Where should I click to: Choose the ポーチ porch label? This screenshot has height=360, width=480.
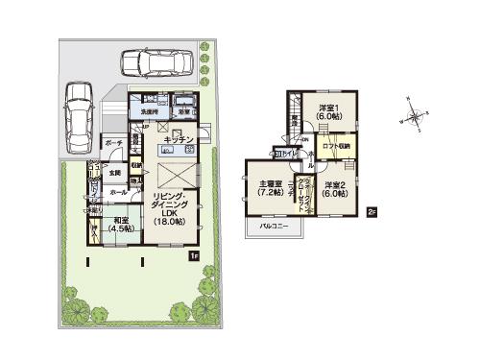111,143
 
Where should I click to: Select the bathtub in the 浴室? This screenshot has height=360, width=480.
185,100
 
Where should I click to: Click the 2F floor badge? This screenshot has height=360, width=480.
372,212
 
